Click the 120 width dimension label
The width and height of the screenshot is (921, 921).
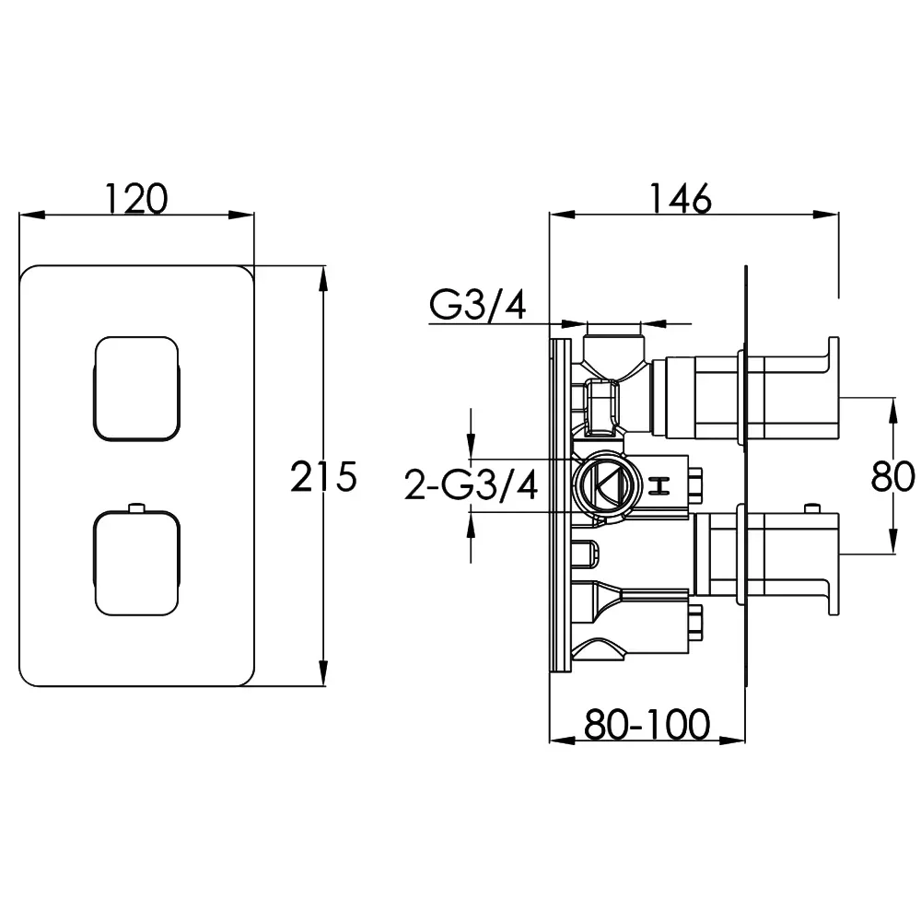136,199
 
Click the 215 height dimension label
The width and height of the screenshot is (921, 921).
323,476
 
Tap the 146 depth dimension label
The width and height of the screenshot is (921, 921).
681,199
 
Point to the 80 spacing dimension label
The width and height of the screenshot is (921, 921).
892,476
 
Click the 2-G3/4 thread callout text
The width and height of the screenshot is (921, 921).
471,486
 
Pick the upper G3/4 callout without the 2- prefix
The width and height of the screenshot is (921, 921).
477,305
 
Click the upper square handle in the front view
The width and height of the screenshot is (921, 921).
136,389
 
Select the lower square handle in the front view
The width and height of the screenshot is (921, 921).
136,564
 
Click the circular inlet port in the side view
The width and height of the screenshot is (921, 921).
602,485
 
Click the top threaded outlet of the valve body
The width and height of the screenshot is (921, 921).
613,348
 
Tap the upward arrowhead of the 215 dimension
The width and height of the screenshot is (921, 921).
322,279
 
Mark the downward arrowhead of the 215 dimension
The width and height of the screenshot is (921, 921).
322,673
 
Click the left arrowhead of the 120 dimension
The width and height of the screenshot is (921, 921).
32,215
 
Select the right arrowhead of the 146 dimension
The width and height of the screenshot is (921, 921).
825,215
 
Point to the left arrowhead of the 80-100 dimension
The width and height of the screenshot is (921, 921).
562,740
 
